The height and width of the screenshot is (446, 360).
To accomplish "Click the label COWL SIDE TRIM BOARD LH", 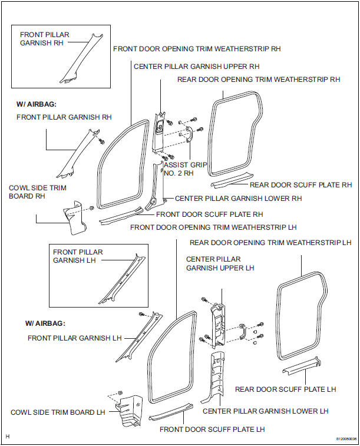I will point(58,412).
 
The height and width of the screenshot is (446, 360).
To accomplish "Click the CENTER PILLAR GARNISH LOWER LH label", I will point(265,411).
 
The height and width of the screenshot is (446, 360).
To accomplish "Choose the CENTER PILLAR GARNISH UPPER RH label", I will point(196,67).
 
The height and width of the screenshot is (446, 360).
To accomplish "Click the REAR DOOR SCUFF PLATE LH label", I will point(286,389).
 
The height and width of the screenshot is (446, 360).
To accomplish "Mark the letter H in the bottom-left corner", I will point(8,437).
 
